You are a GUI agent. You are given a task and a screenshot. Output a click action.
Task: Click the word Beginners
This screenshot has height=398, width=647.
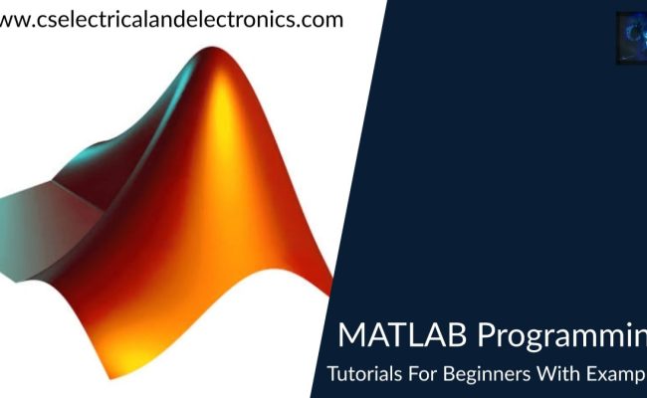pos(477,377)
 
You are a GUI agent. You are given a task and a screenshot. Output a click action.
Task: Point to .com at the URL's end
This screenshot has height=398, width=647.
pos(322,19)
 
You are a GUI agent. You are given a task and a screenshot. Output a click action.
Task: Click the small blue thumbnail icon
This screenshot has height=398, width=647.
pos(631,38)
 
